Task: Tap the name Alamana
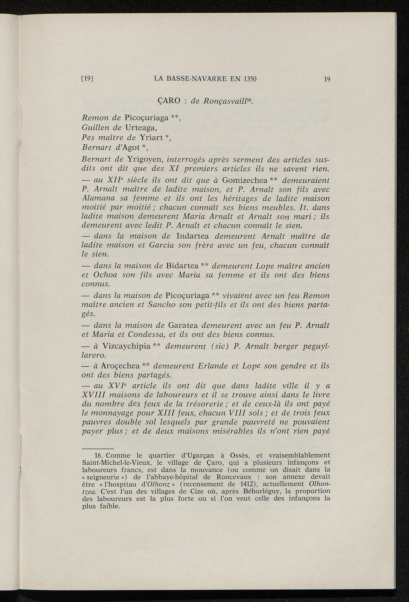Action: click(x=96, y=198)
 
